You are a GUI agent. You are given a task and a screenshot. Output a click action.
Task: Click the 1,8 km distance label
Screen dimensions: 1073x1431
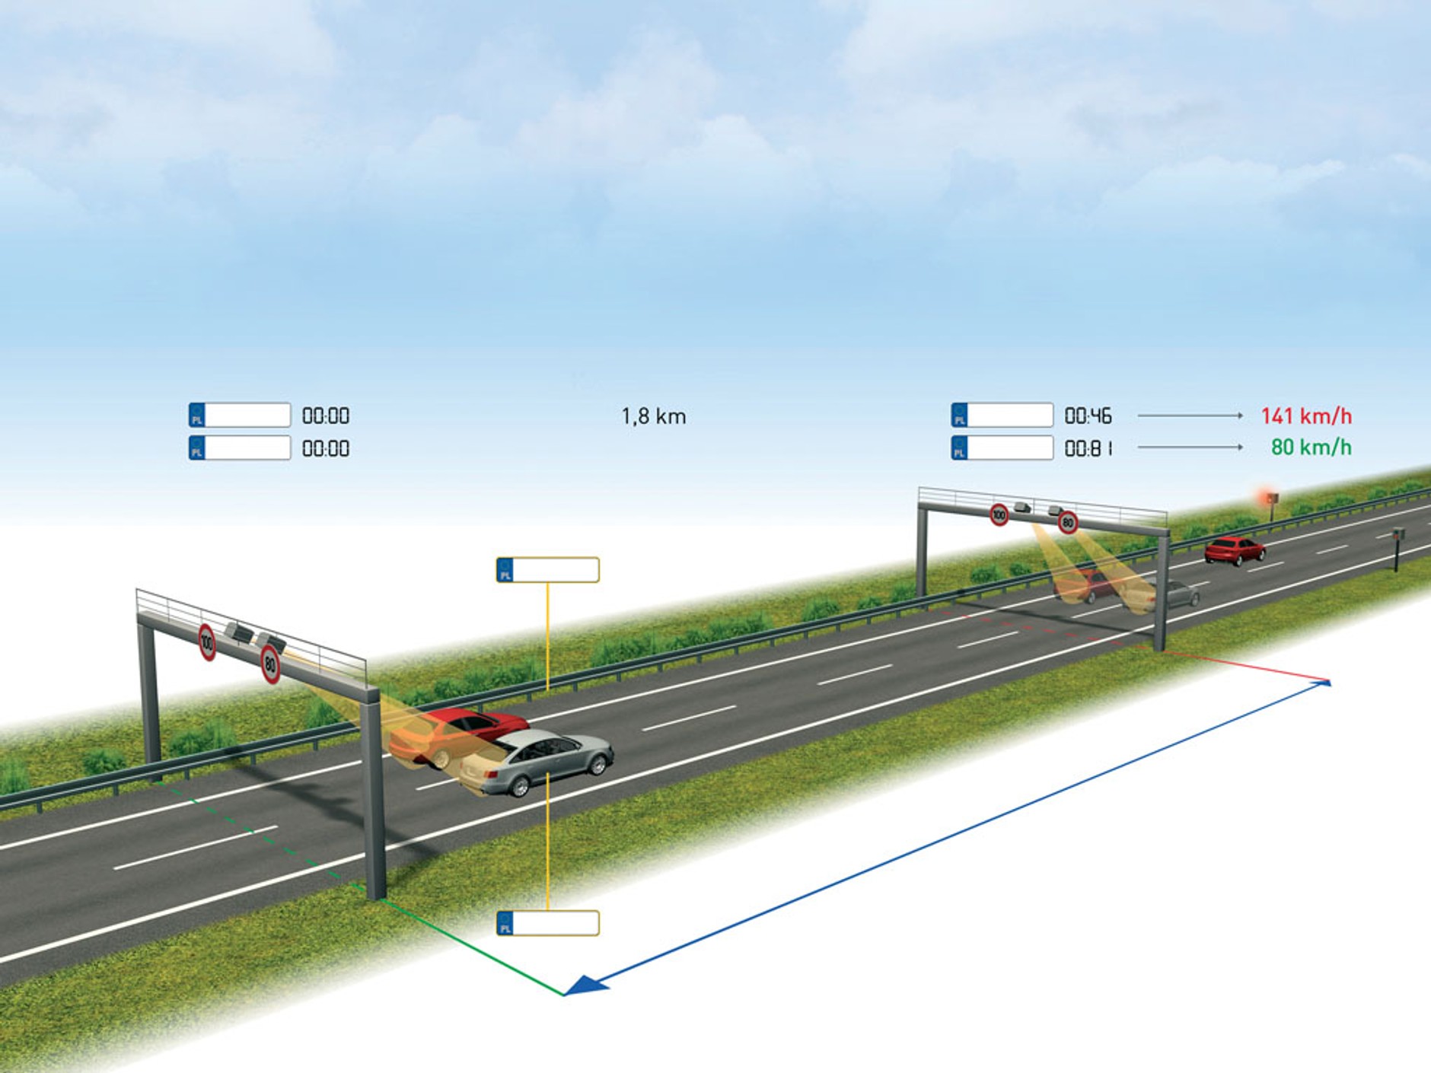coord(653,416)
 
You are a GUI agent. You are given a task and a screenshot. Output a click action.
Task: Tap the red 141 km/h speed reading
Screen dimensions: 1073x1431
coord(1306,416)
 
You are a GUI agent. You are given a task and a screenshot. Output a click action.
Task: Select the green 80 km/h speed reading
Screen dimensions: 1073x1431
coord(1311,447)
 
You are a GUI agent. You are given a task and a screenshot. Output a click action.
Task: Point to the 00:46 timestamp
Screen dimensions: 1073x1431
coord(1088,416)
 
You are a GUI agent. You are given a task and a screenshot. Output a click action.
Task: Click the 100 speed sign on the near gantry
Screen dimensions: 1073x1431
coord(207,642)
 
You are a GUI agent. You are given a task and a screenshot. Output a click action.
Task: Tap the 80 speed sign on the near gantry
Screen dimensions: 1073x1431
coord(270,664)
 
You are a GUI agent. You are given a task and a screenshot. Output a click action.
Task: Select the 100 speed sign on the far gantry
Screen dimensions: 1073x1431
coord(999,515)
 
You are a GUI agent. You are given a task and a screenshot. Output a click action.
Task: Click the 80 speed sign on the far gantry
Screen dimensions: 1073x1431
coord(1068,522)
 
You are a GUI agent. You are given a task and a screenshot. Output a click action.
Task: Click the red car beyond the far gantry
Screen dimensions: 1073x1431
coord(1234,550)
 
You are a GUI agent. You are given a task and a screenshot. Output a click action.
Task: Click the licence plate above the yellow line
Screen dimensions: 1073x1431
coord(547,570)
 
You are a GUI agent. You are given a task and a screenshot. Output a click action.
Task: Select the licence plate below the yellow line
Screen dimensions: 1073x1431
coord(547,923)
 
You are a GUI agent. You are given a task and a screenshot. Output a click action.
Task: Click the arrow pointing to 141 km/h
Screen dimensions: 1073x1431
coord(1189,416)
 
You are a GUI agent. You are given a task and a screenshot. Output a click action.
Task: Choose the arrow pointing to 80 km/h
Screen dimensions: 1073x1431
coord(1189,447)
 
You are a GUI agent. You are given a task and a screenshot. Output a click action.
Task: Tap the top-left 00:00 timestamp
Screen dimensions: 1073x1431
coord(325,416)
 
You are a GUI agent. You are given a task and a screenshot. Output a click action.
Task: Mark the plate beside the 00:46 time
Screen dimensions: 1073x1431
coord(1002,416)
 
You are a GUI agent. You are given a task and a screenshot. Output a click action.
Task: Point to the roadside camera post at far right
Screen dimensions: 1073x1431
coord(1398,548)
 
